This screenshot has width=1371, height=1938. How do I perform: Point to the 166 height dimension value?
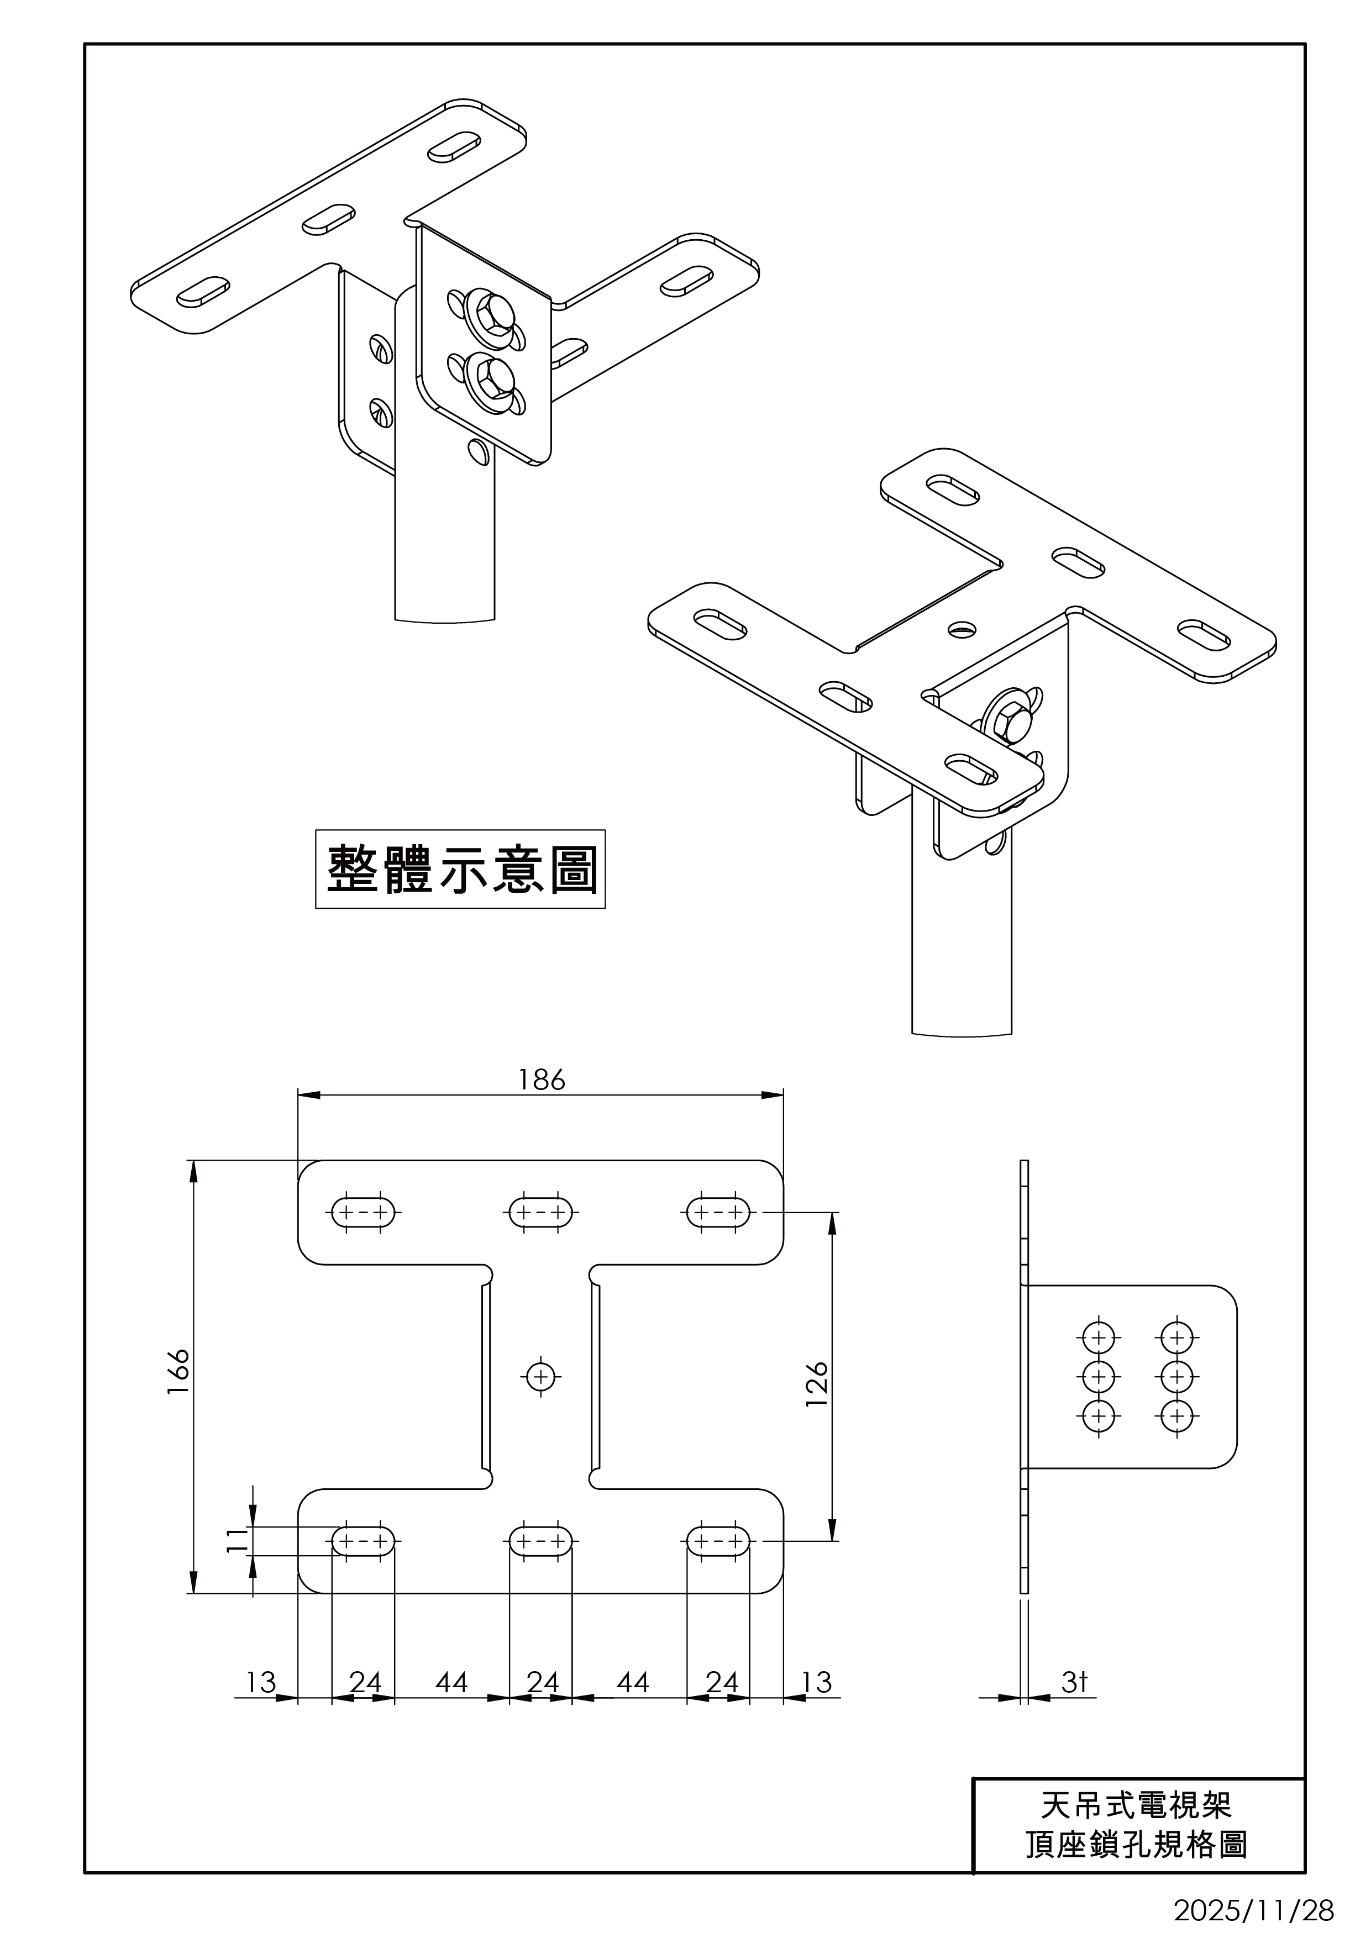point(178,1372)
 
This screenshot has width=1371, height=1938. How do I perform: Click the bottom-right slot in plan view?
point(718,1541)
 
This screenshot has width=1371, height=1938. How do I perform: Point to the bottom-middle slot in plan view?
point(541,1541)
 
